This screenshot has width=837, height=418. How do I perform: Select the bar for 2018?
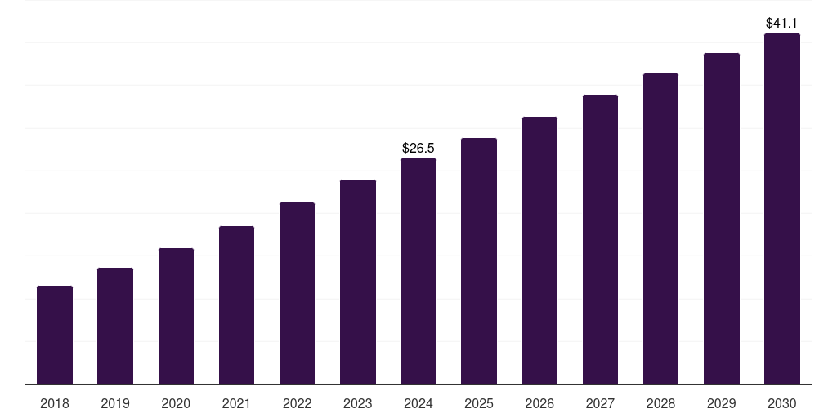coord(55,335)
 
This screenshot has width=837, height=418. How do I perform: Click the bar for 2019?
coord(115,326)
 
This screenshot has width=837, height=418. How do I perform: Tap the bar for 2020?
coord(176,316)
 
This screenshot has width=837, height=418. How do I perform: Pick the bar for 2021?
coord(236,305)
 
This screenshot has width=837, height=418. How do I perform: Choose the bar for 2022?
coord(297,293)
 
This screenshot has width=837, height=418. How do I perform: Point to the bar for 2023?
coord(358,282)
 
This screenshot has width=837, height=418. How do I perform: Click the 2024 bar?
coord(418,271)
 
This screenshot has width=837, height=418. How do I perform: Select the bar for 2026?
coord(539,250)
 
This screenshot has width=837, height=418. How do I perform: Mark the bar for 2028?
coord(660,229)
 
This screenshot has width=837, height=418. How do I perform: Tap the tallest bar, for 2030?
coord(782,208)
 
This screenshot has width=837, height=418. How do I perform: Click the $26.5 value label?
coord(418,148)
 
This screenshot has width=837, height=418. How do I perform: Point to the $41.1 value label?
coord(782,24)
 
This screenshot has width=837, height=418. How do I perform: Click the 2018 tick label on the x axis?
coord(55,403)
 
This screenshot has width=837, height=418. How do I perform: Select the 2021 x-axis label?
coord(236,403)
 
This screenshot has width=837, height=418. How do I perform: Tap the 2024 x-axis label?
coord(418,403)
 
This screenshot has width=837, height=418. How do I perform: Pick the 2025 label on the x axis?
coord(479,403)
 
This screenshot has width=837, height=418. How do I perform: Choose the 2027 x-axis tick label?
coord(600,403)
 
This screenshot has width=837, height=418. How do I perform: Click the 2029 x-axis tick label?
coord(722,403)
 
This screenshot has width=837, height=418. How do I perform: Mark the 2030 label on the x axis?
coord(782,403)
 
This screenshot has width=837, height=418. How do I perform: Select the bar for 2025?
coord(479,260)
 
